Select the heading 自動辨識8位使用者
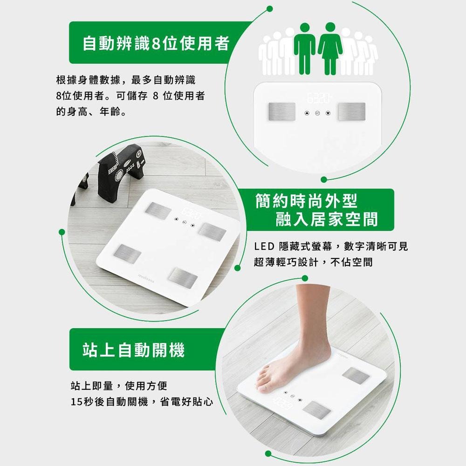(156, 43)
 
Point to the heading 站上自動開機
(134, 349)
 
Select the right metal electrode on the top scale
(352, 111)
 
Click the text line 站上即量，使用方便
(118, 386)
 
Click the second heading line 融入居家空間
(326, 219)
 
